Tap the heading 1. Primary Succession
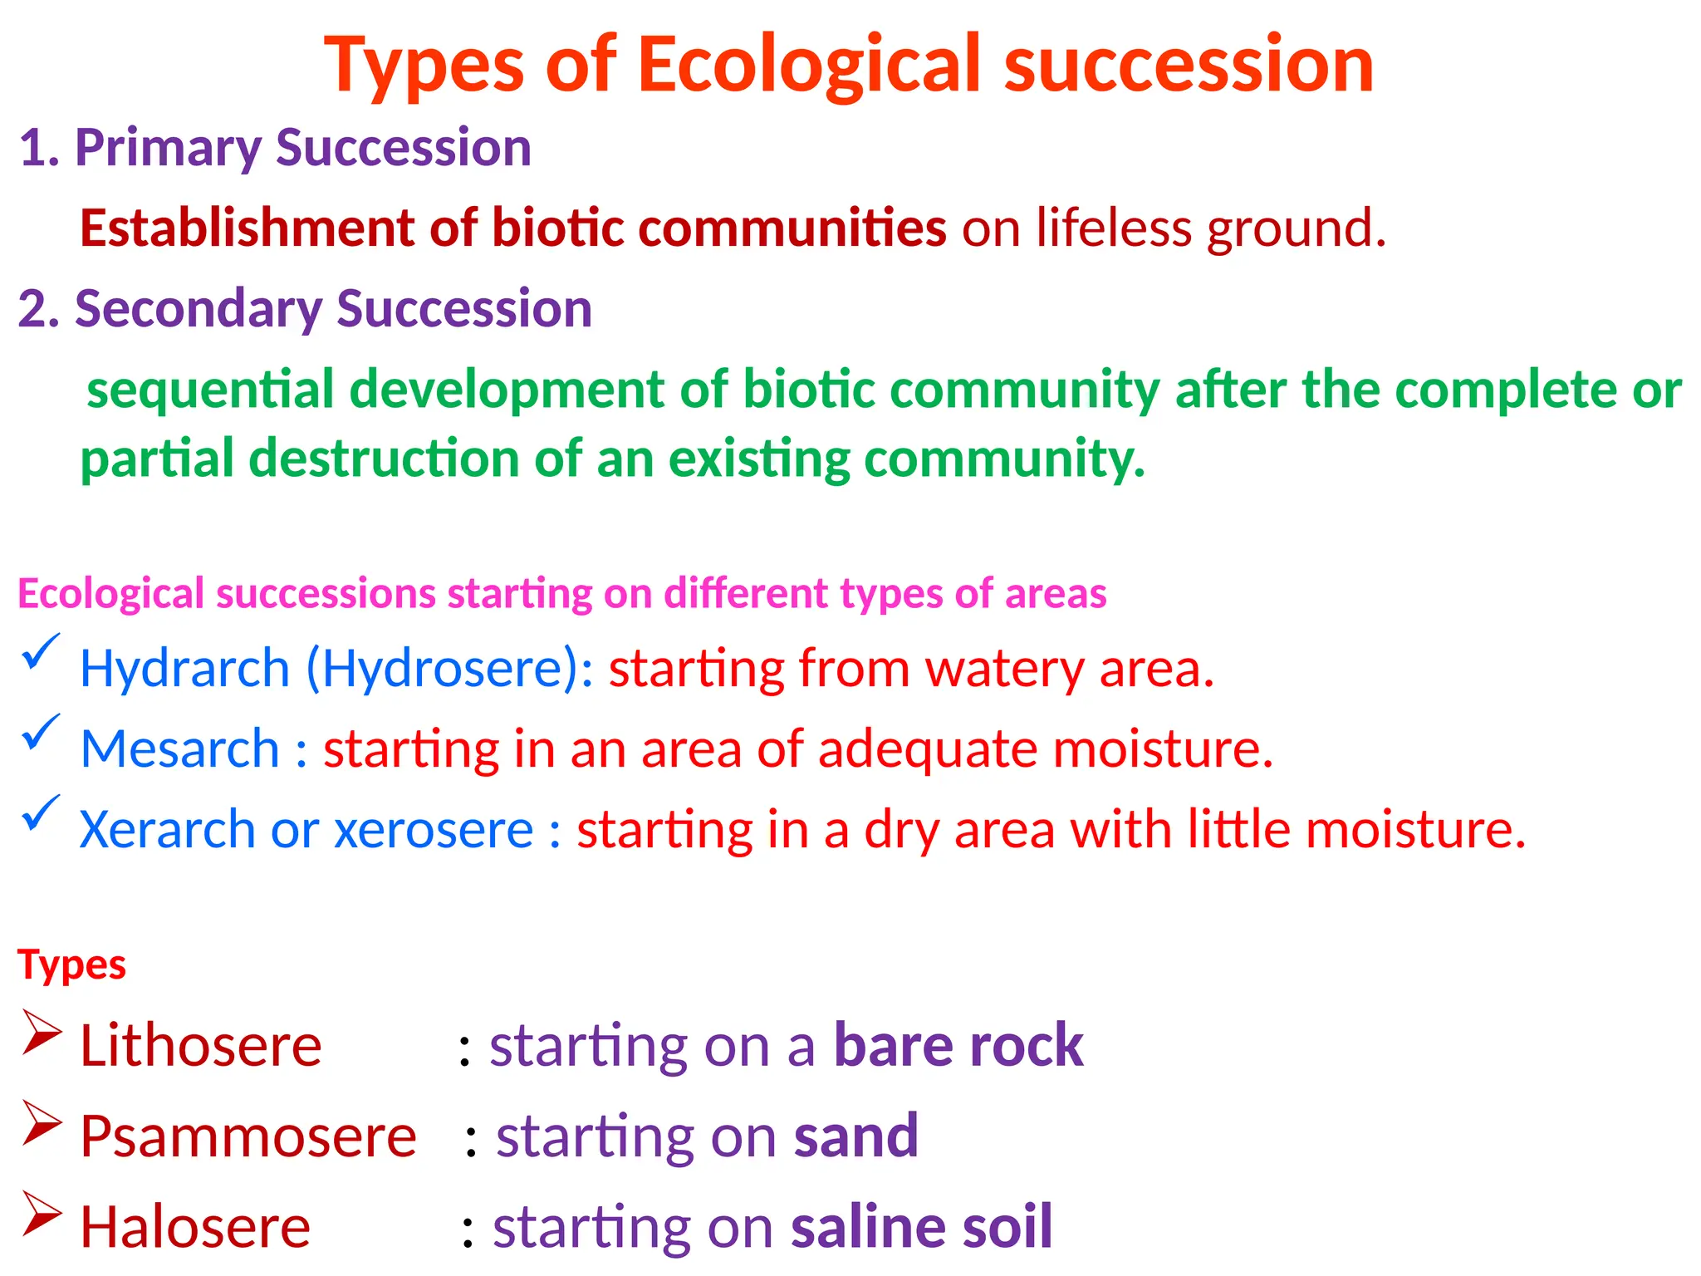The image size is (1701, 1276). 275,148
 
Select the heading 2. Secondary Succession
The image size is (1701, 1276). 305,309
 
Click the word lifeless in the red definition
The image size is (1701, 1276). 1113,228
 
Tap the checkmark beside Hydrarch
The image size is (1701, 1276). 40,651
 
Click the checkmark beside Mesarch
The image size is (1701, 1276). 40,732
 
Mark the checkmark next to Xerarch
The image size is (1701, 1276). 40,812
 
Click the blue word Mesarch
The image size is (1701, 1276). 179,749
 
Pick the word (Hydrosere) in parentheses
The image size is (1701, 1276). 449,669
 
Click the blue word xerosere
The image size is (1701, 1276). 434,830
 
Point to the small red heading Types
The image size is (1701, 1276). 71,965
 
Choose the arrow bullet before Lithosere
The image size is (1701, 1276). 42,1033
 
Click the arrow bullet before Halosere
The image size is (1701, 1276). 42,1214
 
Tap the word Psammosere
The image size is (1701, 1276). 248,1136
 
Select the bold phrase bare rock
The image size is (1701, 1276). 958,1045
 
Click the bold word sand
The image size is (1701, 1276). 855,1136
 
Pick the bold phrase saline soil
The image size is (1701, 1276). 921,1227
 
